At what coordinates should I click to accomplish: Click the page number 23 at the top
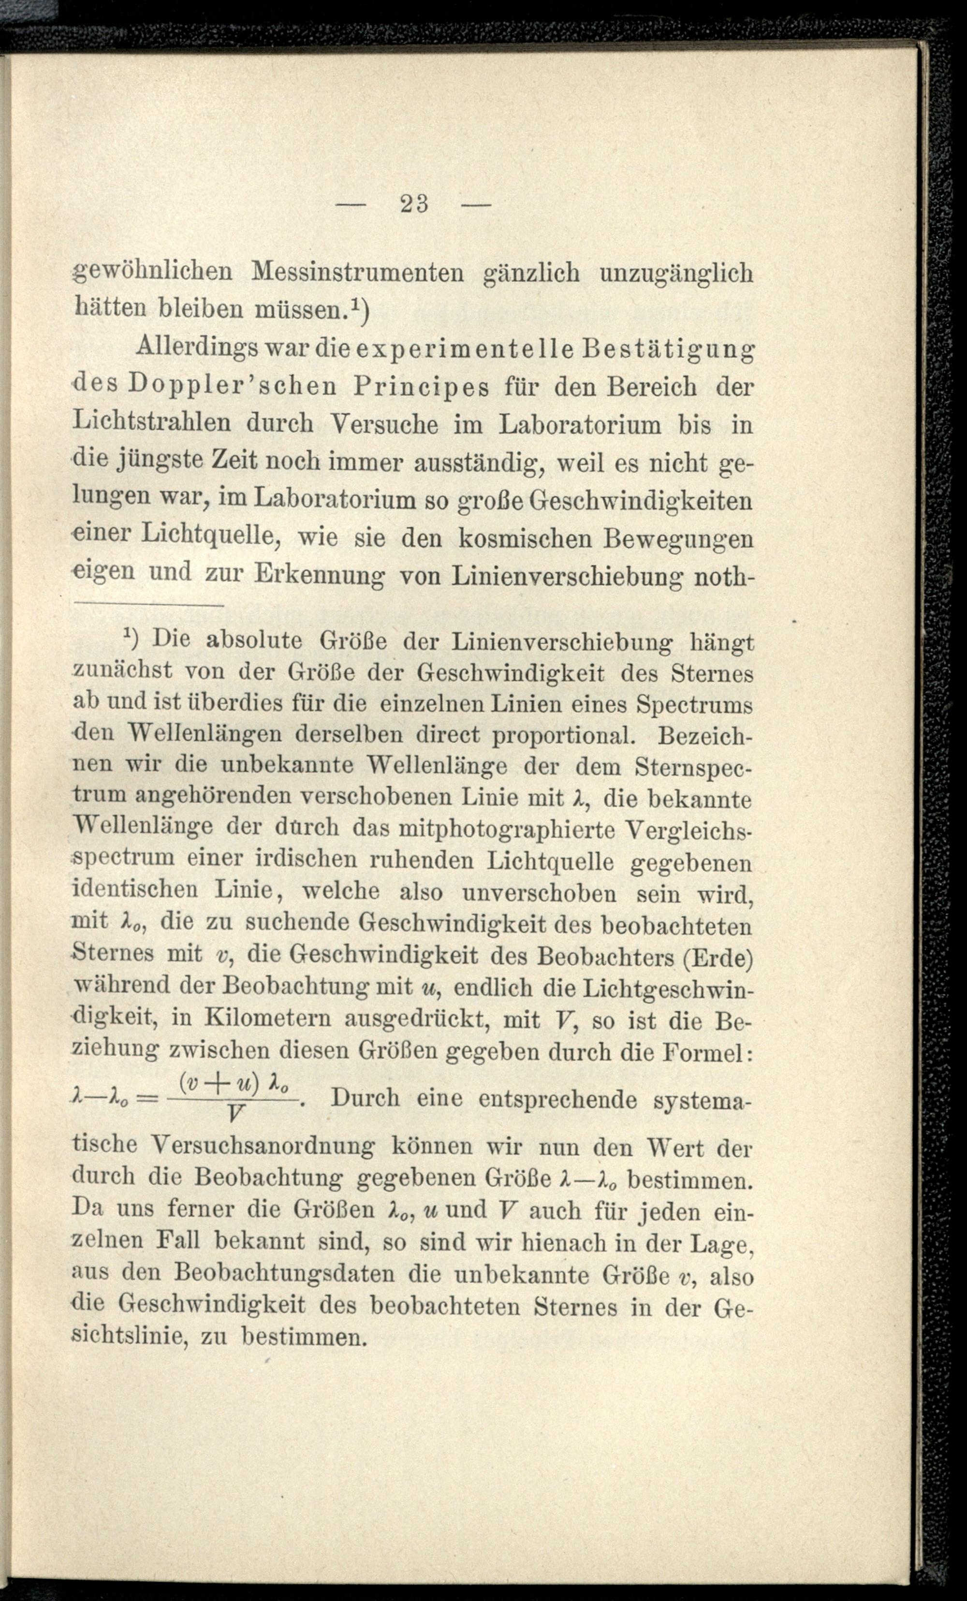(x=414, y=204)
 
